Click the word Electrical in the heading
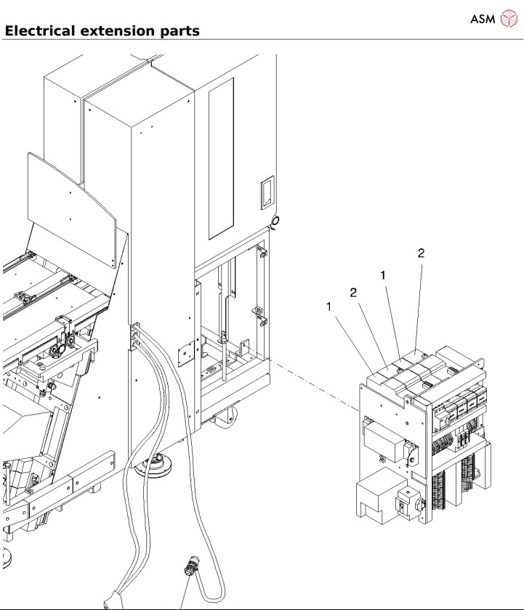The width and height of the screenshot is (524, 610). pos(39,31)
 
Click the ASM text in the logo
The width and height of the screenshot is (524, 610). pos(482,19)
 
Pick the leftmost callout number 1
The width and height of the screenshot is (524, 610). pos(329,307)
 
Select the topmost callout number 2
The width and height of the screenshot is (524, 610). pos(421,253)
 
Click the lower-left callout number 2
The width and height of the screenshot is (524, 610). pos(353,293)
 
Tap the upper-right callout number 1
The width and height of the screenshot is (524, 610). pos(382,275)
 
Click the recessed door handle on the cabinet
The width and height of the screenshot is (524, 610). pos(267,193)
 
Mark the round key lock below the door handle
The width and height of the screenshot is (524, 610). pos(275,220)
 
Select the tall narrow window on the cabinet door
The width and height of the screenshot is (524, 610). pos(221,158)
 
